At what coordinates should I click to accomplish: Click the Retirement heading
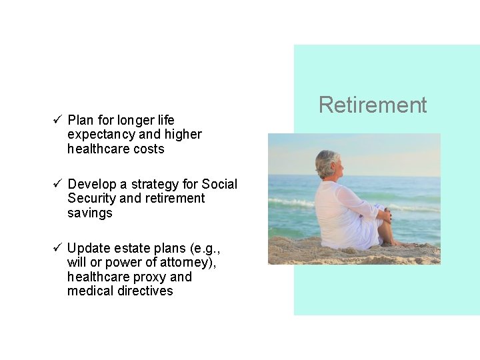tap(373, 105)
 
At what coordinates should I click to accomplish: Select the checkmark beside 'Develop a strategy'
tap(57, 184)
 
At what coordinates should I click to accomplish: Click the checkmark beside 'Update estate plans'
tap(57, 248)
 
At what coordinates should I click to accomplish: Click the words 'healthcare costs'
tap(115, 149)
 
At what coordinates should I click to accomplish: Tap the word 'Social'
tap(219, 184)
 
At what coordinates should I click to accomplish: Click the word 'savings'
tap(90, 213)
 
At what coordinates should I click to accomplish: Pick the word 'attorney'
tap(186, 263)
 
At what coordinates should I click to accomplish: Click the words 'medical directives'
tap(120, 291)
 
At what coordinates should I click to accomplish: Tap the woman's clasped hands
tap(386, 215)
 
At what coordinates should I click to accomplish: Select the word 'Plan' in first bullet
tap(81, 120)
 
